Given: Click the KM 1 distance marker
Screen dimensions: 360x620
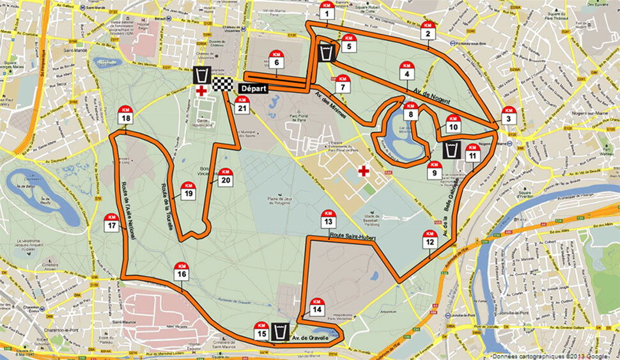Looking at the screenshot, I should (x=327, y=11).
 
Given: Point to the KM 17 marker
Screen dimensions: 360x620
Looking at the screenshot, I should (x=112, y=223).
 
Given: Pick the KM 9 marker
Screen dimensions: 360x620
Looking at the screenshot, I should (x=433, y=169).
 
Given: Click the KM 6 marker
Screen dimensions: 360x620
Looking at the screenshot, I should (x=277, y=59).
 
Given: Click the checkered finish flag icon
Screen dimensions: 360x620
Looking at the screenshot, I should (x=222, y=84).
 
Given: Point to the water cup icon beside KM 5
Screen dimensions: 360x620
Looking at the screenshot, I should (x=327, y=52).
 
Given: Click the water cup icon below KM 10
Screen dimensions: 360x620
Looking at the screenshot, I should (x=451, y=150).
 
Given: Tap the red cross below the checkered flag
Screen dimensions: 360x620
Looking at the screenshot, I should (x=201, y=92).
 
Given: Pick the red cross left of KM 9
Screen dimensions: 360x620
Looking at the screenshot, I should (x=364, y=171).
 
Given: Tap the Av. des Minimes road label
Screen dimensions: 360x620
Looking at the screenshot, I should (x=327, y=98).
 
